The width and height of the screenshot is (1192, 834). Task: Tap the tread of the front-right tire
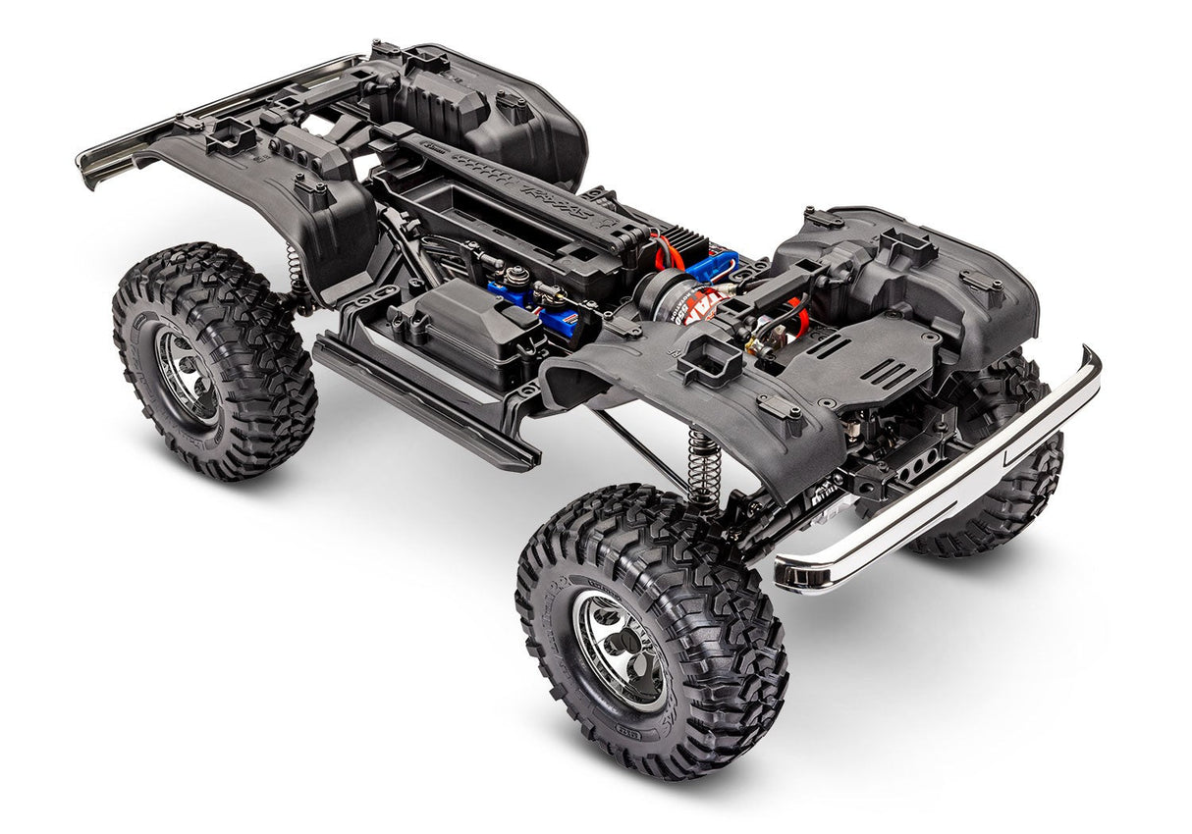(687, 549)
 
